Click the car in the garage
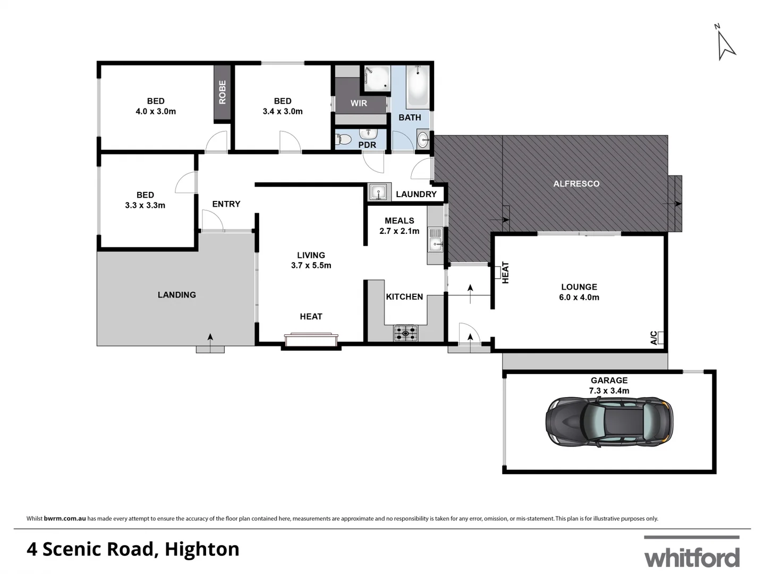click(x=609, y=421)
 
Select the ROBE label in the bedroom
click(x=222, y=92)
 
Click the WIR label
click(x=359, y=103)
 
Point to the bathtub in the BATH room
click(x=417, y=86)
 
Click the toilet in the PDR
click(x=344, y=140)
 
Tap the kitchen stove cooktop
click(x=405, y=334)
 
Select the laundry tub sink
click(x=378, y=192)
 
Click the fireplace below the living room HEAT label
click(x=311, y=340)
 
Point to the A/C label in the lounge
click(x=654, y=338)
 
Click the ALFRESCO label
click(x=576, y=184)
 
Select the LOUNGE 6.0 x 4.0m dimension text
click(x=579, y=297)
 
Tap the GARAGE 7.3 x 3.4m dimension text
click(x=609, y=391)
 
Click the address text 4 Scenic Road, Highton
click(x=133, y=549)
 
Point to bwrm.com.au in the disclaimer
click(x=65, y=519)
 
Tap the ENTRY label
click(x=226, y=204)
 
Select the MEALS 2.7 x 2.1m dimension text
click(x=399, y=231)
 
